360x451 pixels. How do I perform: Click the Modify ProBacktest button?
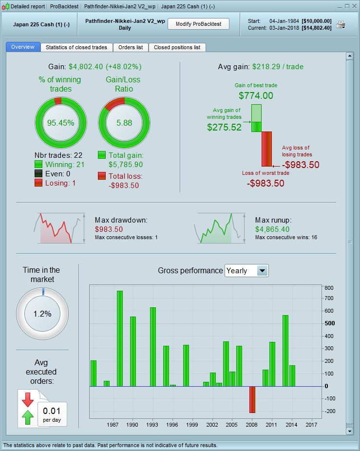coord(198,24)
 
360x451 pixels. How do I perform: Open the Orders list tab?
coord(131,47)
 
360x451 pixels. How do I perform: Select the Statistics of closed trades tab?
coord(76,47)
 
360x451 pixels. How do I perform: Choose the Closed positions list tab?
coord(177,47)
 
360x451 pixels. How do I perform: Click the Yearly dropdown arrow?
coord(262,271)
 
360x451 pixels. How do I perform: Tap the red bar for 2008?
coord(252,399)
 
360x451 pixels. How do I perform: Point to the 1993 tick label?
coord(152,425)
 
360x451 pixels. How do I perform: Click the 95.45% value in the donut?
coord(60,123)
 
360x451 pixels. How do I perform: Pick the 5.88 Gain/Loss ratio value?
coord(124,123)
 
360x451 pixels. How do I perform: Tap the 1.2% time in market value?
coord(42,314)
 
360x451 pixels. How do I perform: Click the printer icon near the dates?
coord(341,25)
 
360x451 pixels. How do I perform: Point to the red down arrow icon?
coord(28,399)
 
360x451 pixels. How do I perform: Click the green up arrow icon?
coord(28,417)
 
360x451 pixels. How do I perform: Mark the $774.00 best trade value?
coord(256,96)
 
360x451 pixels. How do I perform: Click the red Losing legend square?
coord(38,183)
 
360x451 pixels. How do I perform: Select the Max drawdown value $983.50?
coord(109,229)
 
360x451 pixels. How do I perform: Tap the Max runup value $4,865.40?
coord(272,229)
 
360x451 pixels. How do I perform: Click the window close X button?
coord(354,6)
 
